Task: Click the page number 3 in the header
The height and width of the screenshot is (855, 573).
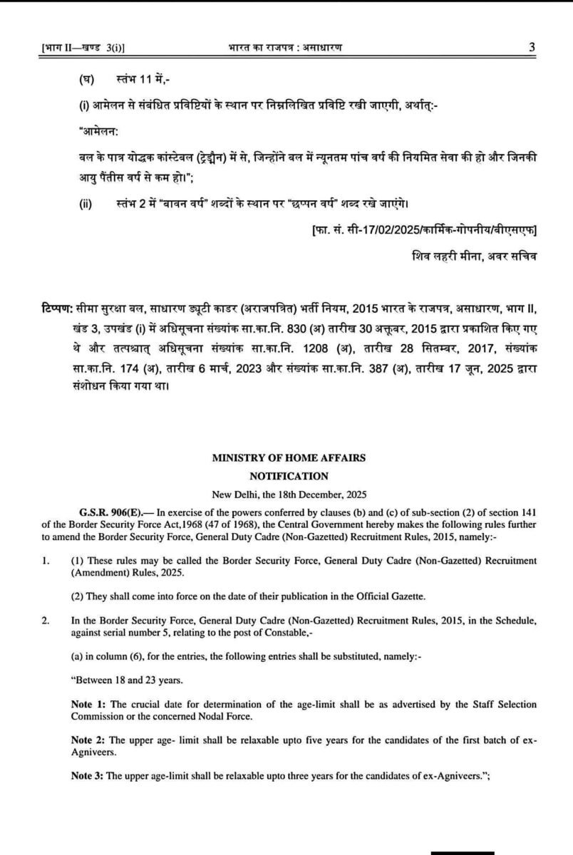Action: click(x=532, y=47)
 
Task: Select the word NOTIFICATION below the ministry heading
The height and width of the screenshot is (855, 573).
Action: click(x=288, y=476)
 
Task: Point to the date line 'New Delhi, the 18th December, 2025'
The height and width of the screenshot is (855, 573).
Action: click(x=288, y=493)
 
